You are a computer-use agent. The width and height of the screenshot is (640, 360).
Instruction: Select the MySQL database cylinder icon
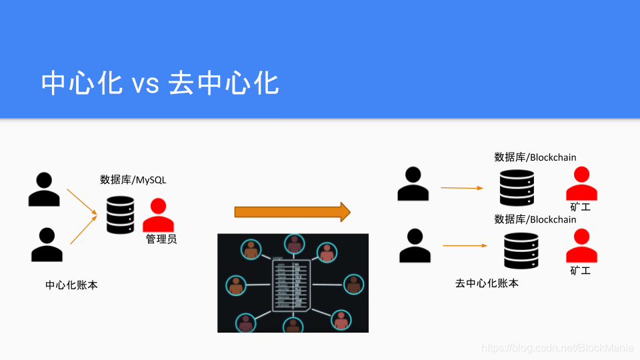pos(121,215)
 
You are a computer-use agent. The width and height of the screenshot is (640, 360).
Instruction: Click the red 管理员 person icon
pos(158,215)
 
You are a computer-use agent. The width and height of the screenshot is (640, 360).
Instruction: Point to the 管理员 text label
pos(161,239)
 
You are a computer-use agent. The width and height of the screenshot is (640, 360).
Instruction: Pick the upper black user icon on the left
pos(45,189)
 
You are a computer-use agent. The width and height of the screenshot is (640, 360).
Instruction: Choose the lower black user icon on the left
pos(47,245)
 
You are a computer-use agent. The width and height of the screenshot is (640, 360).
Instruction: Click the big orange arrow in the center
pos(292,212)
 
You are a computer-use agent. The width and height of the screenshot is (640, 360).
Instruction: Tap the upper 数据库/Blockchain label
pos(535,157)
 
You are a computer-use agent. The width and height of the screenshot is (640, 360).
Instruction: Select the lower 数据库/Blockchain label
pos(535,219)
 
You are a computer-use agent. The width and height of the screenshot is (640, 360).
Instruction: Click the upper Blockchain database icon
pos(517,187)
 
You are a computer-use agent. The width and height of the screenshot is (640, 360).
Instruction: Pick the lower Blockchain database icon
pos(521,249)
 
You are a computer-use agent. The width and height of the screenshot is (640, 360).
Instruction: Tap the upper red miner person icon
pos(581,184)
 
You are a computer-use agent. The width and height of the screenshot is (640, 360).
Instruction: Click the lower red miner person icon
pos(582,246)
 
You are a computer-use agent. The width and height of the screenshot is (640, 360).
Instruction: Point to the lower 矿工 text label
pos(581,271)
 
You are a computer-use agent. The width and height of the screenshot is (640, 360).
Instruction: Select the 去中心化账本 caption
pos(487,283)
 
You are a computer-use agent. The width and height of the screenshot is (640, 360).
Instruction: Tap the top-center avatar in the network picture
pos(293,245)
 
